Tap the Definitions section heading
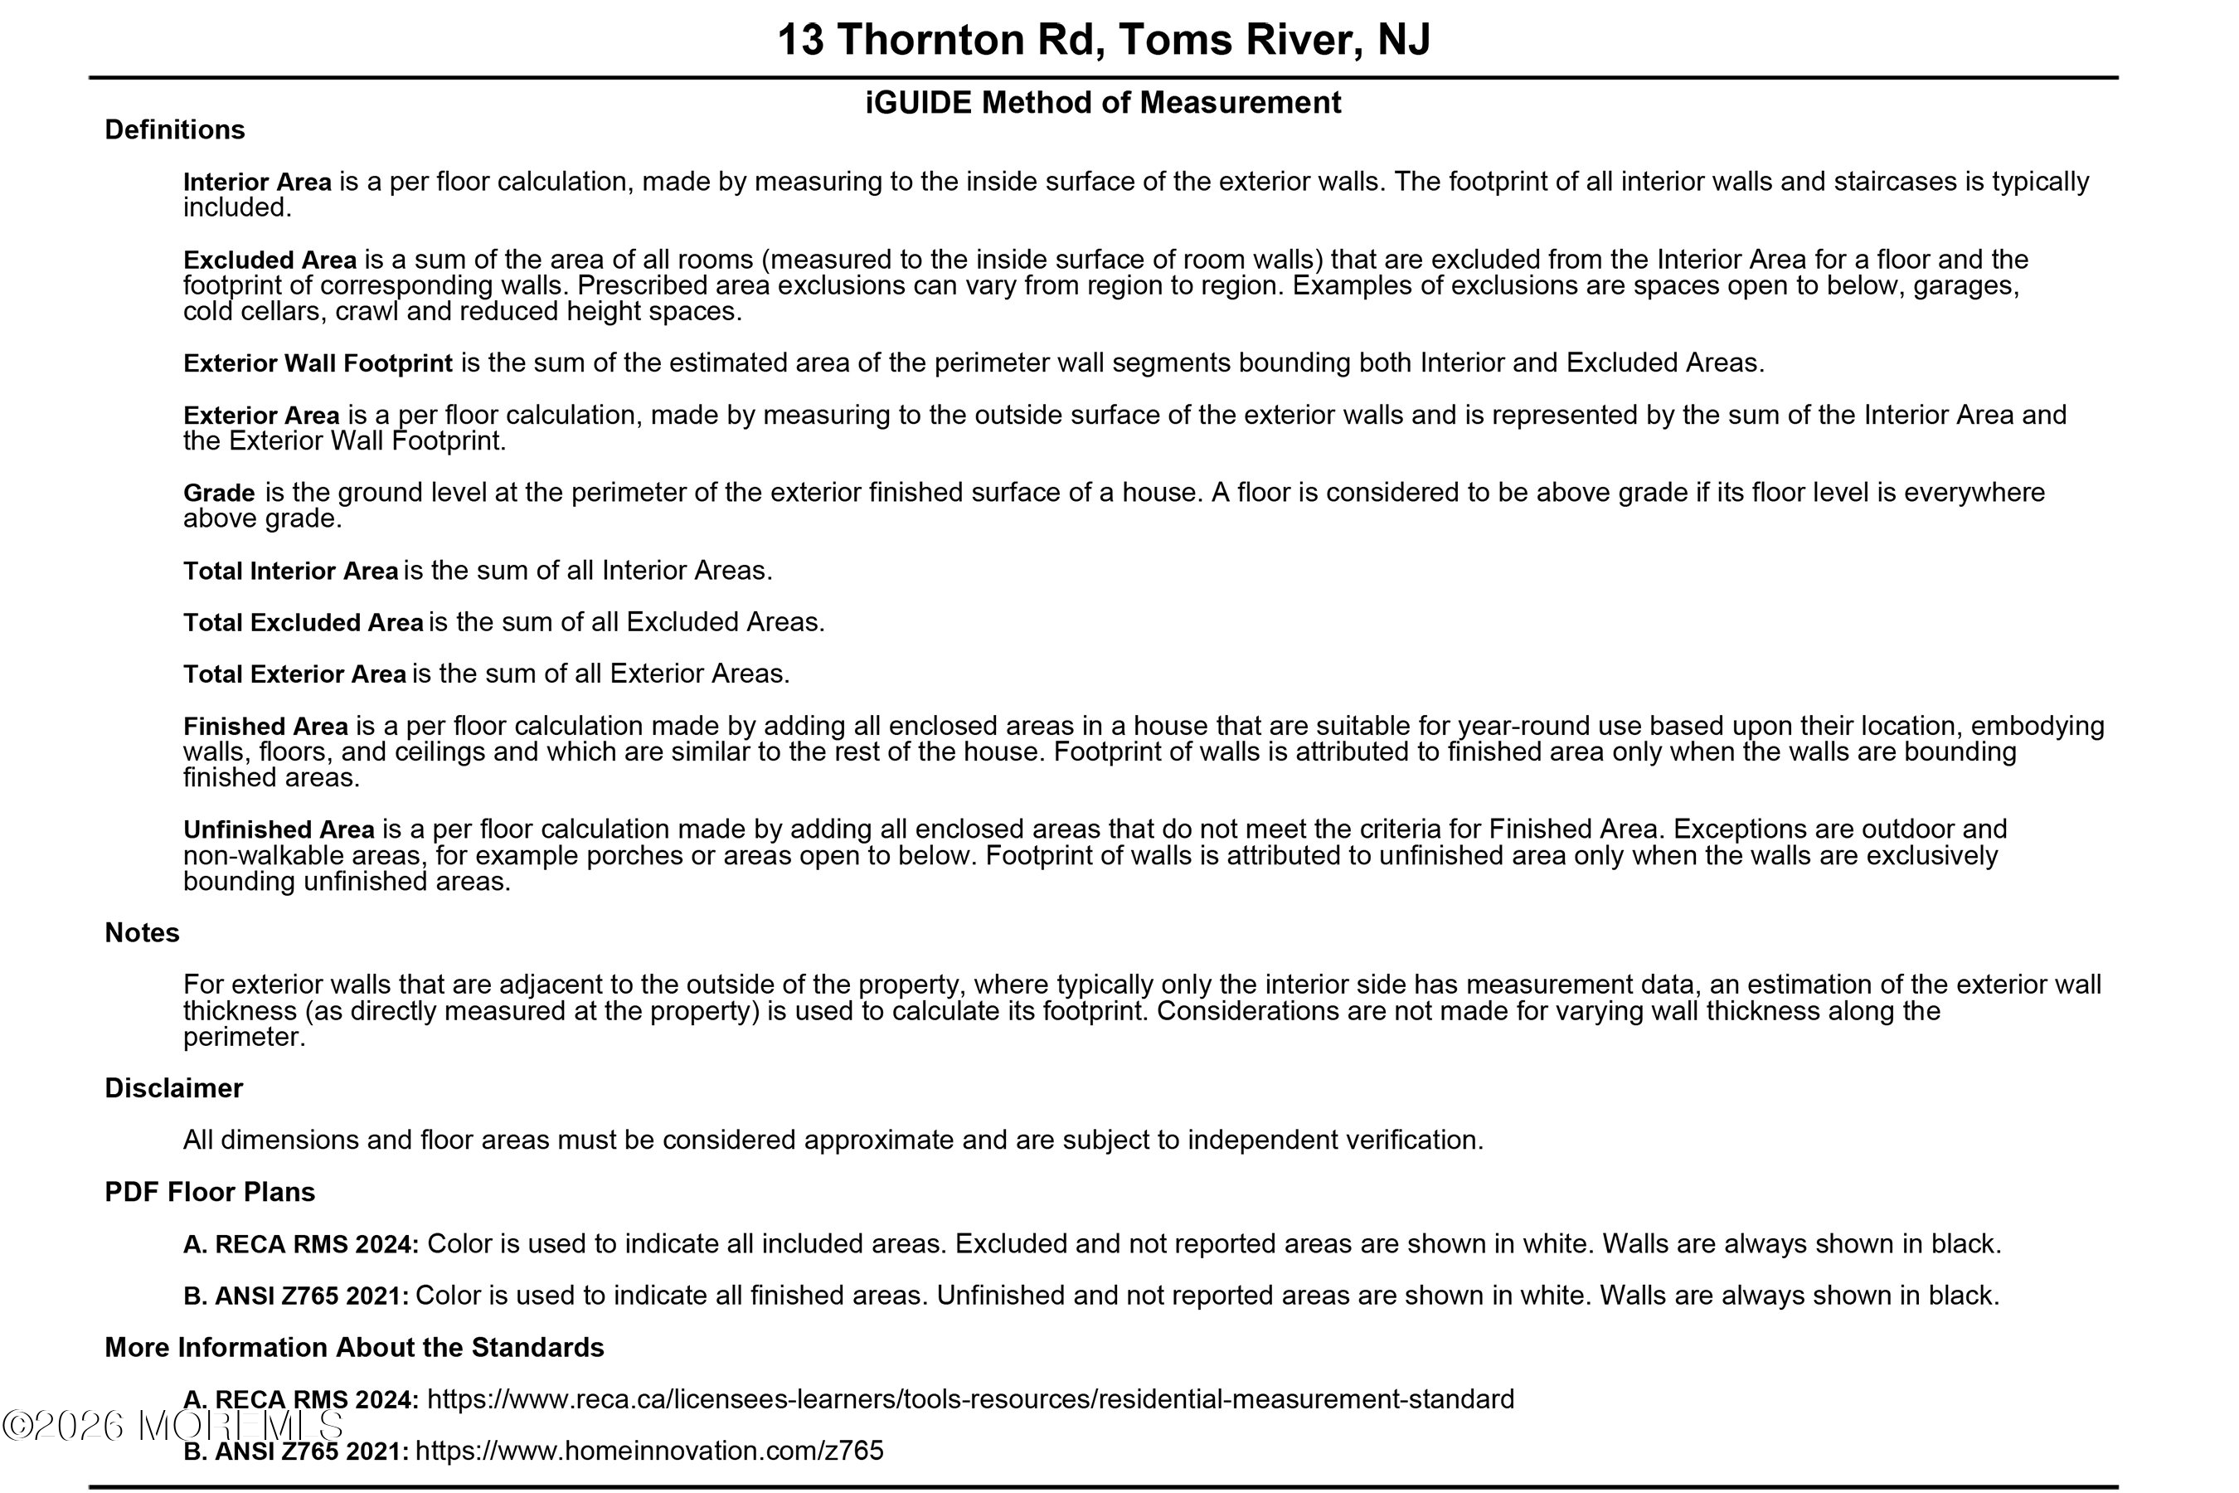pyautogui.click(x=174, y=129)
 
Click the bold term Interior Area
pyautogui.click(x=257, y=182)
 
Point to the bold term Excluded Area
pyautogui.click(x=270, y=260)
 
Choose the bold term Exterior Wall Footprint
pyautogui.click(x=318, y=364)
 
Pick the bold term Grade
pyautogui.click(x=219, y=494)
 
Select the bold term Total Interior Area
pyautogui.click(x=290, y=571)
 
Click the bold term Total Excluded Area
pyautogui.click(x=303, y=623)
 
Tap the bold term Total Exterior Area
pyautogui.click(x=294, y=674)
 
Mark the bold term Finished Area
pyautogui.click(x=265, y=727)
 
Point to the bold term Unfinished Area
pyautogui.click(x=279, y=830)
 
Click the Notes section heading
pyautogui.click(x=142, y=933)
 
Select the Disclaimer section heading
pyautogui.click(x=173, y=1088)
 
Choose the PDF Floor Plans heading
pyautogui.click(x=210, y=1192)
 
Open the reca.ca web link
pyautogui.click(x=970, y=1400)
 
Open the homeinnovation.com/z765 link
pyautogui.click(x=649, y=1451)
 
